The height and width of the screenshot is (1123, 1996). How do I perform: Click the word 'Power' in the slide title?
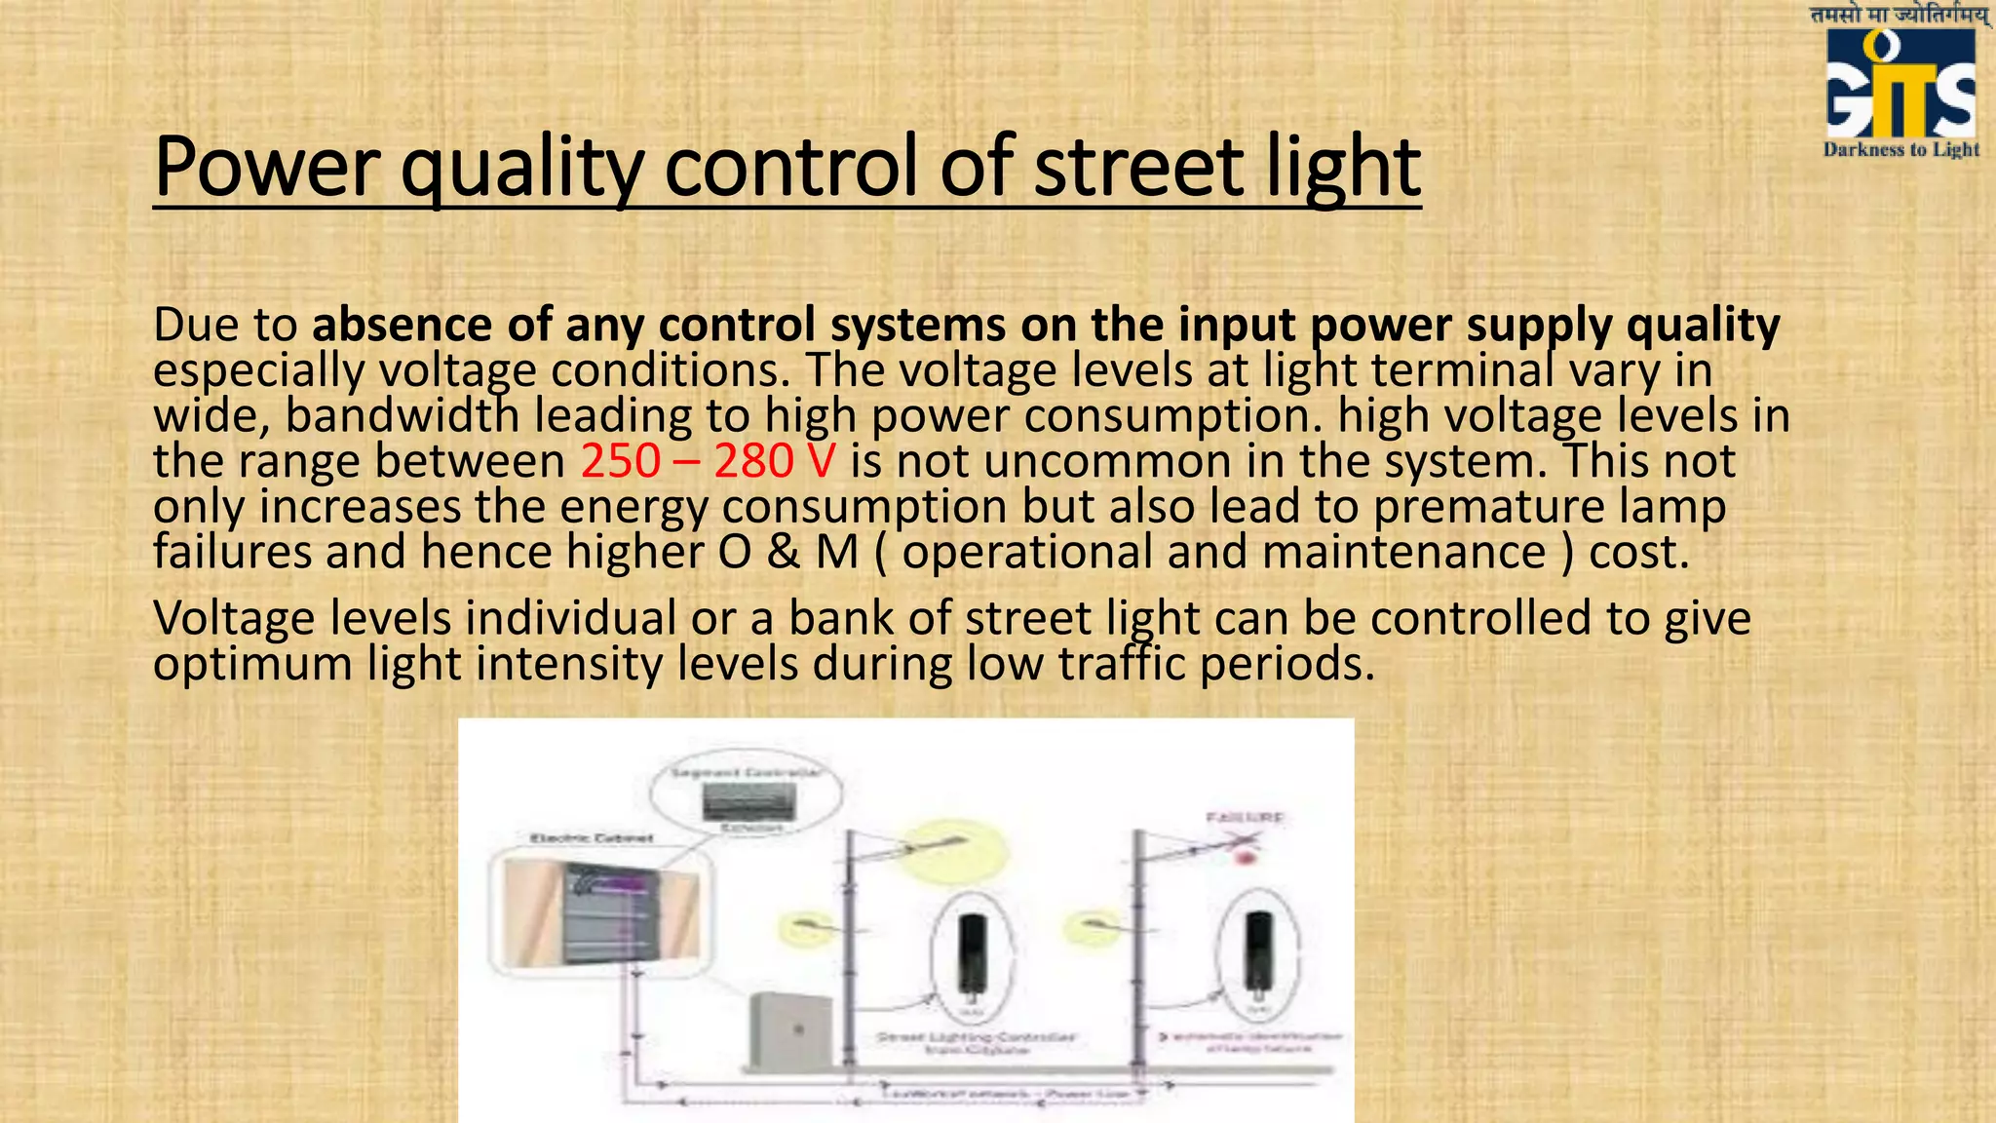pyautogui.click(x=263, y=167)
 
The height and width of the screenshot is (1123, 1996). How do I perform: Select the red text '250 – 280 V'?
pyautogui.click(x=708, y=460)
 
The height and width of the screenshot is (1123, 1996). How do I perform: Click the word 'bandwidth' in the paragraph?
pyautogui.click(x=402, y=415)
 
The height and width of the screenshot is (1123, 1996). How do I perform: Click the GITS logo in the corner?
pyautogui.click(x=1900, y=86)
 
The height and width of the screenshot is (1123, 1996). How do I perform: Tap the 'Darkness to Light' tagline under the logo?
pyautogui.click(x=1900, y=149)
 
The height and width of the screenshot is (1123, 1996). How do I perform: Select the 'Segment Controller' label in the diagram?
pyautogui.click(x=747, y=773)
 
